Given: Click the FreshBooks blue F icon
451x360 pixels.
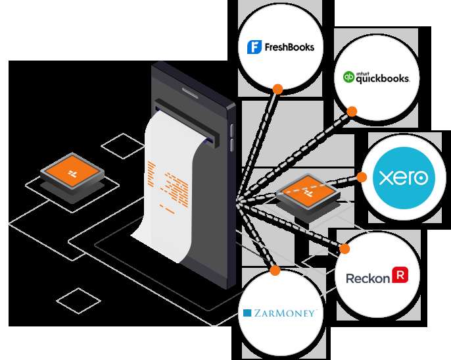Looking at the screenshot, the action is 254,47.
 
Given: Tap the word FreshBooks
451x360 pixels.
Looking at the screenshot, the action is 289,47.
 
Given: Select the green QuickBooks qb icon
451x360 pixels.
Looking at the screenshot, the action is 348,77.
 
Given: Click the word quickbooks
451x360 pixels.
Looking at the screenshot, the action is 383,78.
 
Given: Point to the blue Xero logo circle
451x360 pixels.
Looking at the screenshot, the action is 404,178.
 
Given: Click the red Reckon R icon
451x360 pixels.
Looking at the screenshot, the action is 400,274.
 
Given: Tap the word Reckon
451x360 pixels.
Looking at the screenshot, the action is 368,278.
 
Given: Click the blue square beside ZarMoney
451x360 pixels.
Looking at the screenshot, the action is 247,313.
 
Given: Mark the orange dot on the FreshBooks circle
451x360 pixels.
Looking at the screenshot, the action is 278,90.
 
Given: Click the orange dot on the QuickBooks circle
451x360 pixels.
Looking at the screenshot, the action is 352,111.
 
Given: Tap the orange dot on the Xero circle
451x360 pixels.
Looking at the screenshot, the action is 362,177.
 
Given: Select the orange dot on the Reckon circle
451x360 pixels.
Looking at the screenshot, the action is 344,249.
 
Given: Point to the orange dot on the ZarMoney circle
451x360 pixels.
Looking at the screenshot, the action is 275,270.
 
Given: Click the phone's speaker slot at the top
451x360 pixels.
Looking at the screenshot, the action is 190,92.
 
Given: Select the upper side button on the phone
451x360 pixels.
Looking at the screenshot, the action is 232,130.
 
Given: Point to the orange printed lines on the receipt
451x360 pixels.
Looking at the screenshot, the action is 169,187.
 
